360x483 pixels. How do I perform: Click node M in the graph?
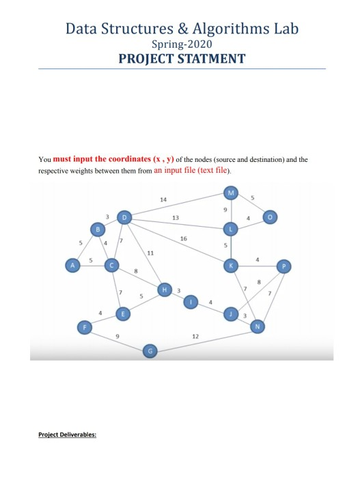(232, 193)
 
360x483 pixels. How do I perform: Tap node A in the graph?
(70, 265)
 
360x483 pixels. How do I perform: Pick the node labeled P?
(283, 266)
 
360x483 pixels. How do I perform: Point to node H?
(164, 290)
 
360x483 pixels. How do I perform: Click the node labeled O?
(272, 217)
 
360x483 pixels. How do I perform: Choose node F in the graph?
(85, 327)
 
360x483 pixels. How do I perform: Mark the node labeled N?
(257, 327)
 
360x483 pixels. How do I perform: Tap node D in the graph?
(124, 218)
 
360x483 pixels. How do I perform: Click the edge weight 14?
(163, 199)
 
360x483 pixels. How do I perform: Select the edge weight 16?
(183, 238)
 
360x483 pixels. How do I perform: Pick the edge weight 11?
(150, 253)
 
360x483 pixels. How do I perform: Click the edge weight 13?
(176, 217)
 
